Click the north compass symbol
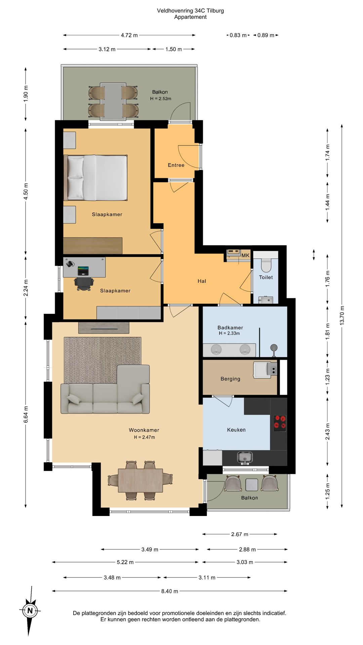30,610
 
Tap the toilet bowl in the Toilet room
266,265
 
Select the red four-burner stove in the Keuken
280,423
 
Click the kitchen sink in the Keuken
245,458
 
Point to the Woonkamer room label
144,430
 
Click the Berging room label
230,379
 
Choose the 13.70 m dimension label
342,315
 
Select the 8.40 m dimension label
170,591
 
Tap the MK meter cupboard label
245,255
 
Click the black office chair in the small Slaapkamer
83,283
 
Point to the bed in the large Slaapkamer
95,178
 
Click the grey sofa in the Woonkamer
105,389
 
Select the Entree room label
176,165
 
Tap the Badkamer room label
230,328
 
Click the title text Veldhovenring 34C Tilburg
190,10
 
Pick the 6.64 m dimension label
26,415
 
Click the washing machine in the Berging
265,370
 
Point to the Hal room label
202,281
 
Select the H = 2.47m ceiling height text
144,437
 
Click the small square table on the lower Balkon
252,484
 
